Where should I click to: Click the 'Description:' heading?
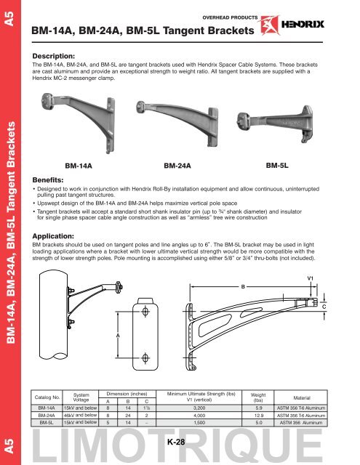pyautogui.click(x=63, y=55)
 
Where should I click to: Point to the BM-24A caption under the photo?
pyautogui.click(x=182, y=166)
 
